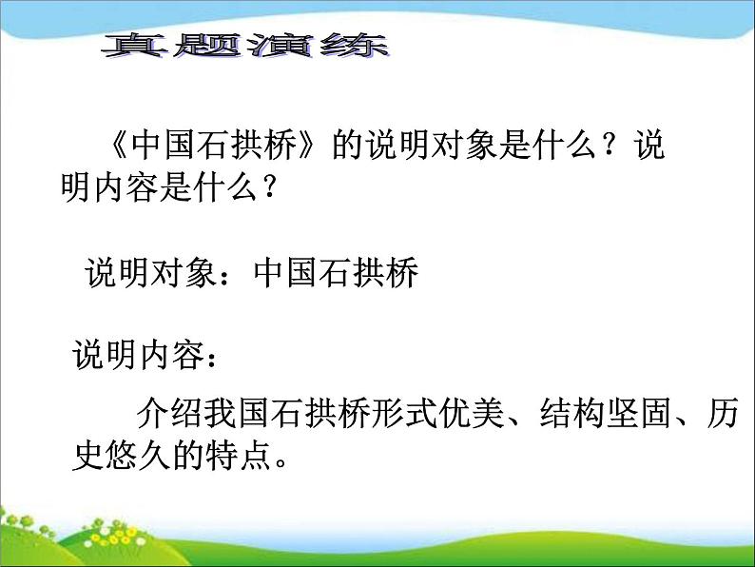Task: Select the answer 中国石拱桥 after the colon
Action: tap(337, 274)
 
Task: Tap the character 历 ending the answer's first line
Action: tap(731, 417)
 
